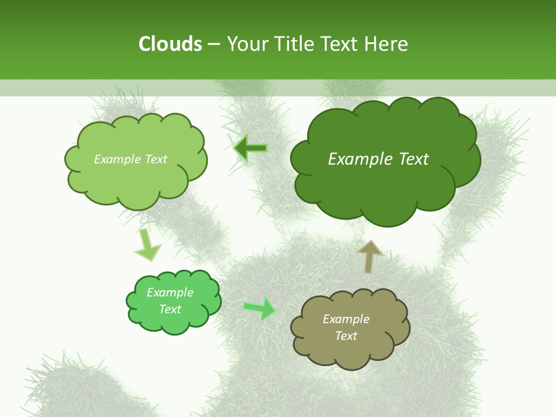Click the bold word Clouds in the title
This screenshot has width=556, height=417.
click(x=170, y=44)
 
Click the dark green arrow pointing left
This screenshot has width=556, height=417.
click(x=250, y=148)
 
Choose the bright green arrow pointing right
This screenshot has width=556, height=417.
click(x=260, y=308)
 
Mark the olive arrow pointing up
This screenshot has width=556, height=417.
click(x=370, y=256)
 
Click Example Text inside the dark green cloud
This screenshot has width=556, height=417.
click(x=378, y=159)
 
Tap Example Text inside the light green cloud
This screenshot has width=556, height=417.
click(x=130, y=159)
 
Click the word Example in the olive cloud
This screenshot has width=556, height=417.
click(x=346, y=319)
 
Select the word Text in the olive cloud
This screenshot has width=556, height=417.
click(x=346, y=336)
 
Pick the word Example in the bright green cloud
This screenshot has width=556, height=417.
click(x=170, y=292)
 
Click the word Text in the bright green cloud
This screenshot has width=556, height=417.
click(x=170, y=309)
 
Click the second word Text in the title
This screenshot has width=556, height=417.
click(x=342, y=44)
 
